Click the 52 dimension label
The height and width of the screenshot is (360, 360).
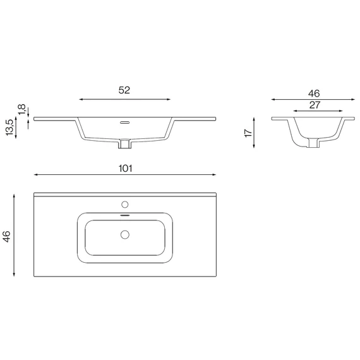[124, 90]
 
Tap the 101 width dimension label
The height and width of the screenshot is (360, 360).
[125, 169]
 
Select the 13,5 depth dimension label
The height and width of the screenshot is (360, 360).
[10, 128]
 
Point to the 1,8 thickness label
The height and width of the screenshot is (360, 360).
[21, 109]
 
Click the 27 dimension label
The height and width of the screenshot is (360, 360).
[315, 105]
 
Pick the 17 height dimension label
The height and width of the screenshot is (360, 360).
[248, 133]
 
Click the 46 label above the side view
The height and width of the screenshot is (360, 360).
[314, 93]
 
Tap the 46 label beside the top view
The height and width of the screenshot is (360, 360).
[7, 236]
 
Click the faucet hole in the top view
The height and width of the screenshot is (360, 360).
[125, 205]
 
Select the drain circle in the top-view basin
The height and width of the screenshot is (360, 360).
[125, 235]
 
